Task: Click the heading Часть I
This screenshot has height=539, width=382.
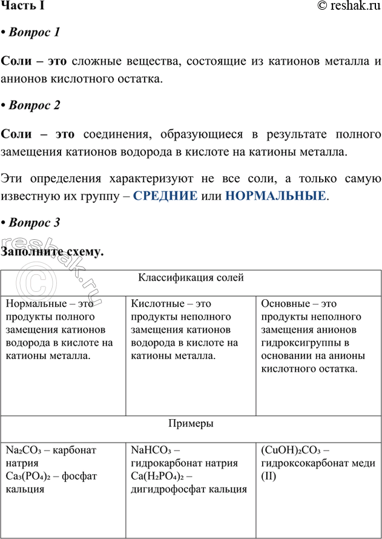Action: pos(22,6)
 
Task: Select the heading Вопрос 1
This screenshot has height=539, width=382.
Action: pos(34,33)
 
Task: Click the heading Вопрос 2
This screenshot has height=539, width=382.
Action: pos(34,105)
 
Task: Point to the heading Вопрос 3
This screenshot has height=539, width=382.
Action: pos(34,223)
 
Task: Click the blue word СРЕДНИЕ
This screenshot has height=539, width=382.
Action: pos(165,196)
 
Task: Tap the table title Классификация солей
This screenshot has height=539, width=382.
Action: pos(191,278)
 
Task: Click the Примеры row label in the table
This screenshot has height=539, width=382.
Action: pos(191,424)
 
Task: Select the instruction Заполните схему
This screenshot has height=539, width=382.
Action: pos(53,252)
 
